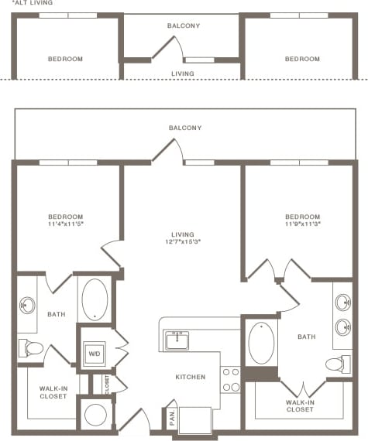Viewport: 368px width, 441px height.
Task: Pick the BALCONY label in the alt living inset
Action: coord(184,26)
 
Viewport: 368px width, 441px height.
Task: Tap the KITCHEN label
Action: coord(191,378)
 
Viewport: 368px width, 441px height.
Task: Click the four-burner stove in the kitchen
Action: coord(230,379)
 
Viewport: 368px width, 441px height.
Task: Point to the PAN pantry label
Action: coord(170,419)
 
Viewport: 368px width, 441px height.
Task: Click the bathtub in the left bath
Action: coord(95,298)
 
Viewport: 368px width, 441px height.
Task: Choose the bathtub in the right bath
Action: coord(261,343)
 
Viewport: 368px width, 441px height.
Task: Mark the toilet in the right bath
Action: coord(335,364)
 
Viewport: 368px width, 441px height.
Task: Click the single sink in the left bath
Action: coord(27,305)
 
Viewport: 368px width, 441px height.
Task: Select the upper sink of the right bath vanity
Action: coord(342,302)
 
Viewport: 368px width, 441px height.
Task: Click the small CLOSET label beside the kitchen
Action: coord(107,383)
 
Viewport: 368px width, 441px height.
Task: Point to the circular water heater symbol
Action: coord(95,414)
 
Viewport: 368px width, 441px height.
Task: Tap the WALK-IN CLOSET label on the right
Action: coord(299,405)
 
